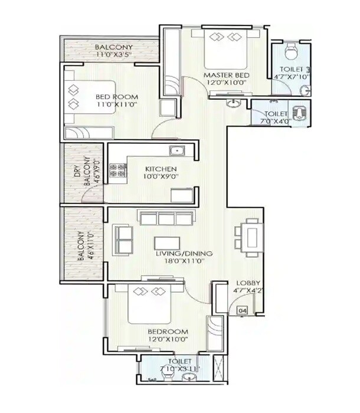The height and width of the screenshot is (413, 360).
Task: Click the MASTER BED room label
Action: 226,76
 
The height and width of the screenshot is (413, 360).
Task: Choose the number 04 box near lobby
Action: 242,309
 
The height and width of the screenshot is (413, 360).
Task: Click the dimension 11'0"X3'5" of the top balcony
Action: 114,56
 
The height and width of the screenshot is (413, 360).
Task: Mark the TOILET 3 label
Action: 289,69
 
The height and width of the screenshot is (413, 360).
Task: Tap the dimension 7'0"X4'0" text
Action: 275,122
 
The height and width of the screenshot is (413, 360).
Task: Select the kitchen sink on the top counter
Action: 176,149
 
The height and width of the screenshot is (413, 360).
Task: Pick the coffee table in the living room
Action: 166,242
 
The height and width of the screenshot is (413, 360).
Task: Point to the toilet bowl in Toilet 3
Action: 290,54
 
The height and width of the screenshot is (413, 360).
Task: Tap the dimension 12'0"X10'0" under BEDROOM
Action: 168,339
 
